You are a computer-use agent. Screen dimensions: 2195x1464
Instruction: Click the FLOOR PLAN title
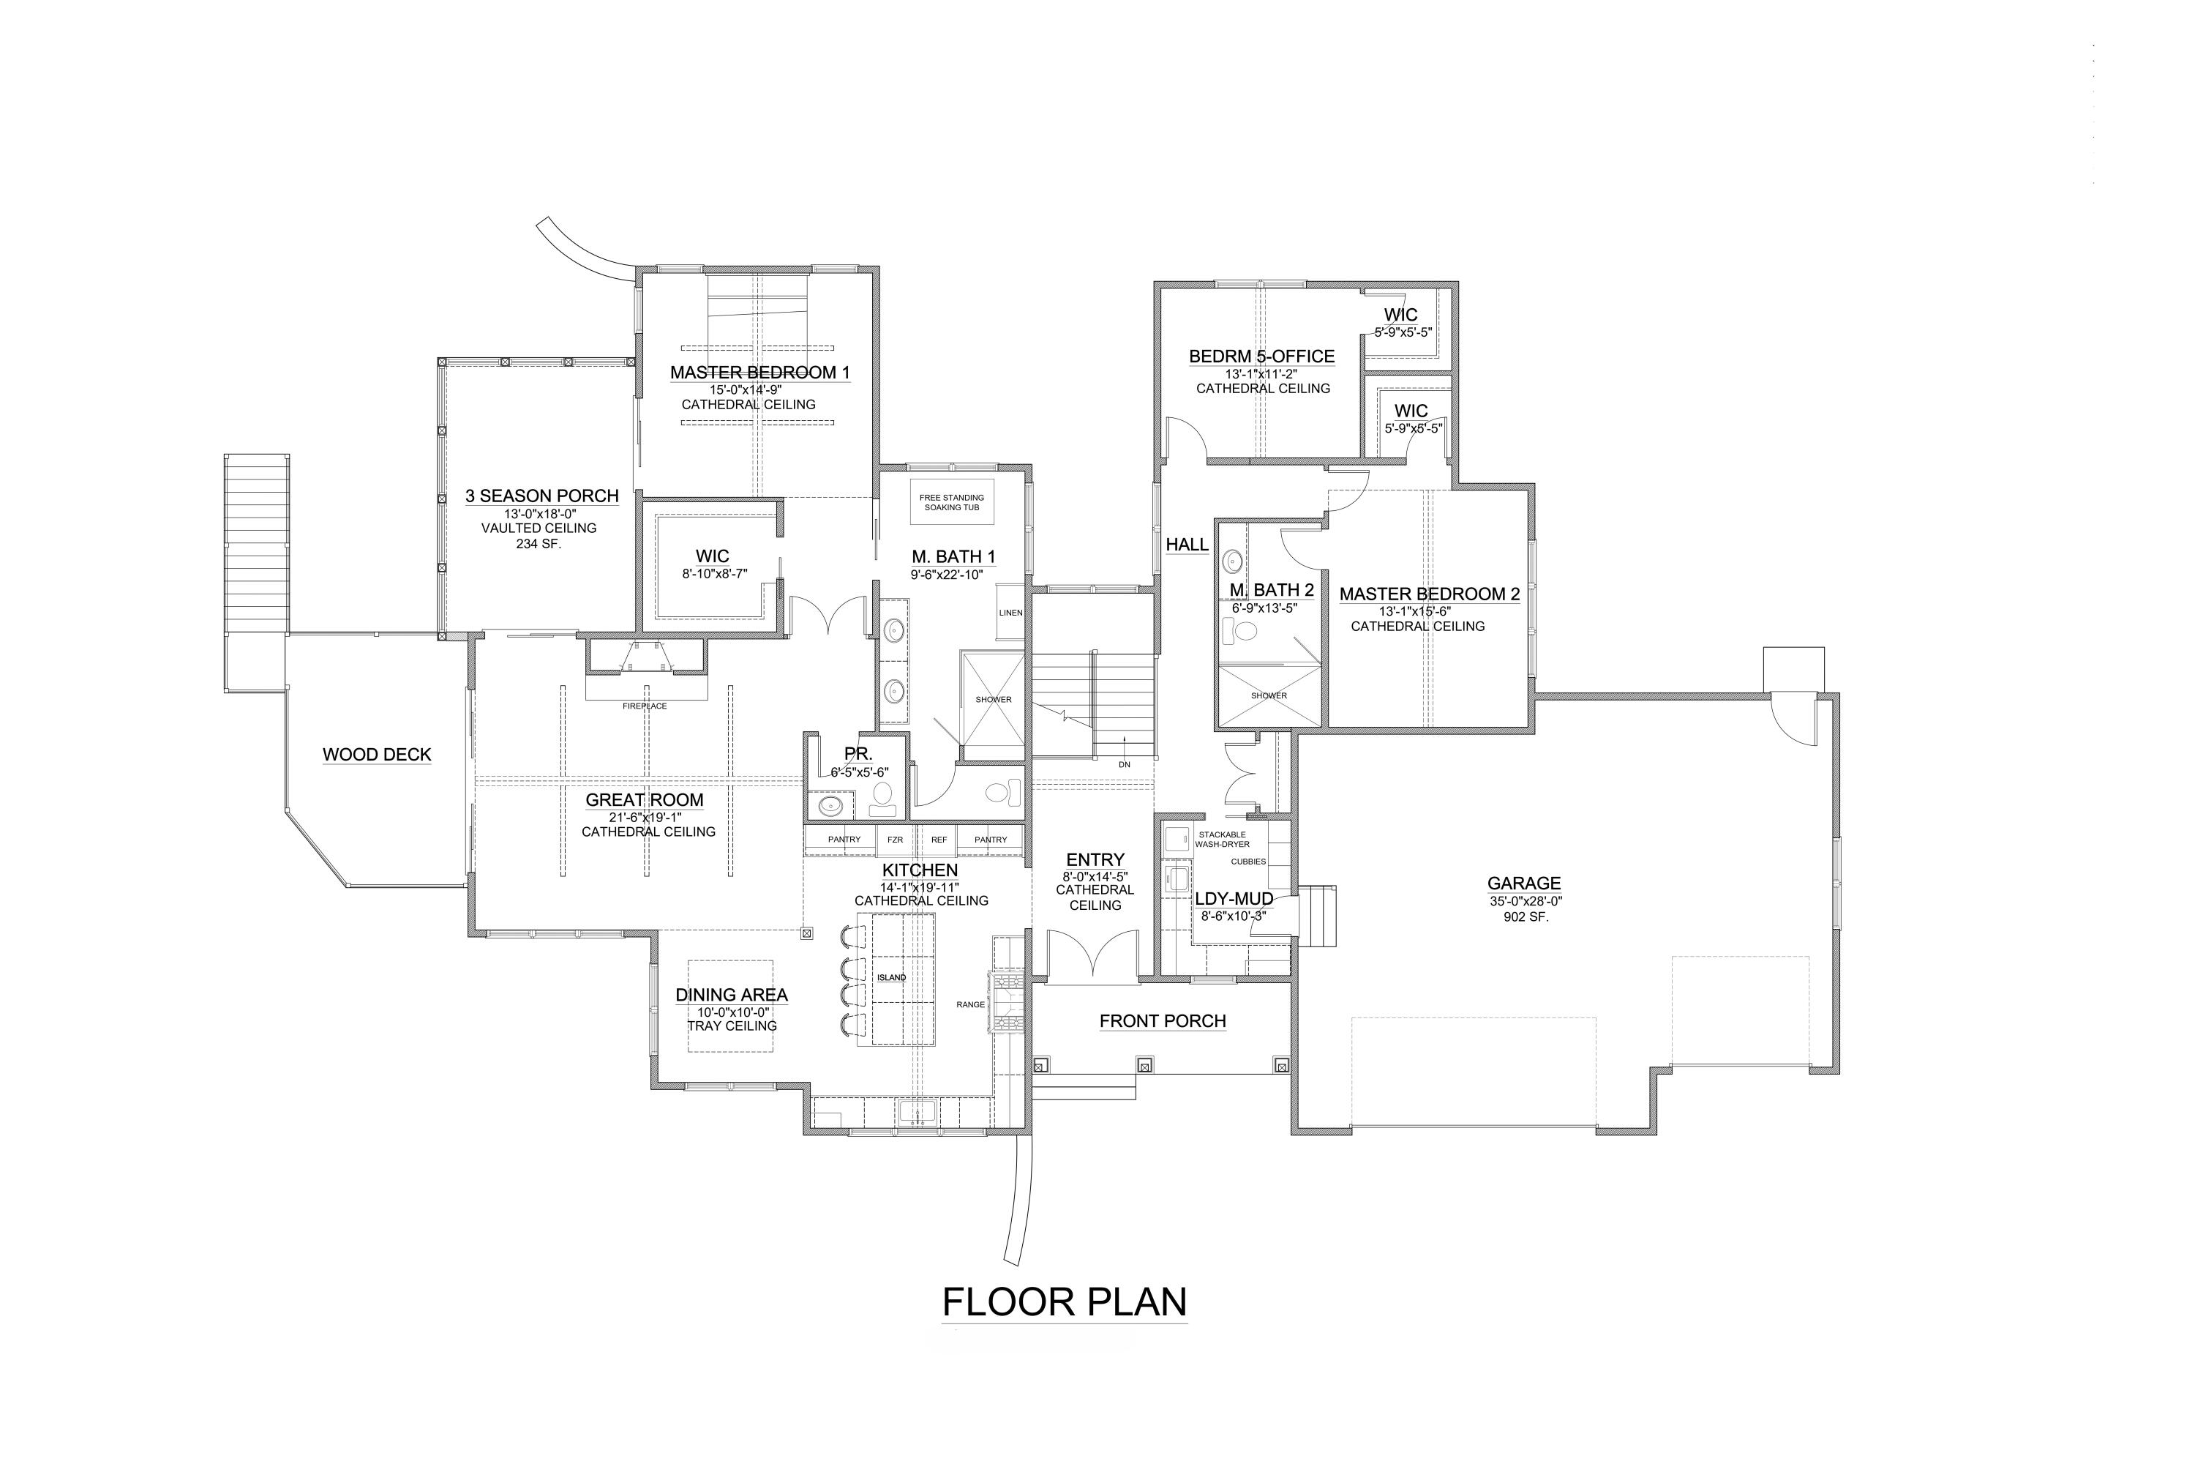point(1064,1301)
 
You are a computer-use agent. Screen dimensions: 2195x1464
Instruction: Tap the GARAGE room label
point(1524,882)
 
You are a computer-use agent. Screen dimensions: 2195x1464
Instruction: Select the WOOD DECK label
point(377,755)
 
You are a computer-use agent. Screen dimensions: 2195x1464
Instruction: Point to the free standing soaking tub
point(952,502)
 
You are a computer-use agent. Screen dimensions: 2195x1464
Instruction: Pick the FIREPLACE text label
point(645,706)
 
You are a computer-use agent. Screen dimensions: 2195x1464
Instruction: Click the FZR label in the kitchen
point(895,840)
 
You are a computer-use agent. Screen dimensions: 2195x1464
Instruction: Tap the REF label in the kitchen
point(939,840)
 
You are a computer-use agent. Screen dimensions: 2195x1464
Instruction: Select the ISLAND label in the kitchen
point(891,977)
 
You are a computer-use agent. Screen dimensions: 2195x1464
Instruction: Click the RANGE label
point(971,1004)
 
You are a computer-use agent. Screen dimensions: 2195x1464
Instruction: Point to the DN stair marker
point(1125,765)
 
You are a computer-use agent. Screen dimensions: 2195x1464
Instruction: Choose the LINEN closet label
point(1010,613)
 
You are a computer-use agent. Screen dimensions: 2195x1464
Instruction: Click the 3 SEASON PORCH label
point(542,496)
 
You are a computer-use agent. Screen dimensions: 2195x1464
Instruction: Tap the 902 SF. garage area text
point(1526,917)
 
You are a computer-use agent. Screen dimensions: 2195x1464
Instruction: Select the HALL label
point(1187,545)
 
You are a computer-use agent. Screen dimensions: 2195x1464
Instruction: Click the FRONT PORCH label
point(1163,1020)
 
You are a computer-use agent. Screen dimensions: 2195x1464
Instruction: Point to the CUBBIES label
point(1249,862)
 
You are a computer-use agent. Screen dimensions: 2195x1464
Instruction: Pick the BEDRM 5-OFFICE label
point(1261,356)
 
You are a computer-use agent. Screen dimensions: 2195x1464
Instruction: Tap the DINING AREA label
point(732,996)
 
